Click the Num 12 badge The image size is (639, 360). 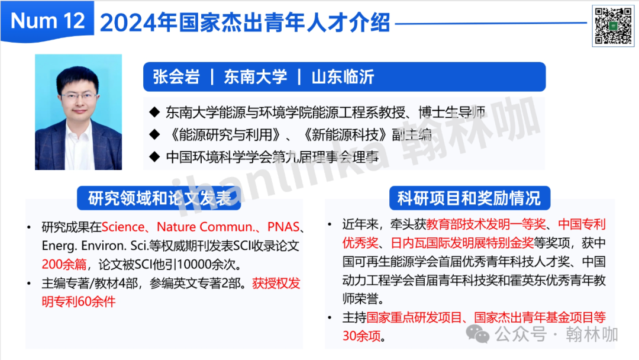tap(47, 21)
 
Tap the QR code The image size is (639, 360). tap(613, 26)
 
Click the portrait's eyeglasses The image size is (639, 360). tap(79, 97)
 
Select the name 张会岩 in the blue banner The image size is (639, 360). tap(176, 76)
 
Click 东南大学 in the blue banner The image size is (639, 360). tap(256, 76)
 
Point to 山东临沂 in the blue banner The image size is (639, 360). tap(343, 76)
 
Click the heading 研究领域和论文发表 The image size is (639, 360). tap(159, 198)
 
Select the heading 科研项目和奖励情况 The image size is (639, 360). tap(469, 198)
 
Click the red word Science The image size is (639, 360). tap(123, 227)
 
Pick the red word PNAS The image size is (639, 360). tap(283, 227)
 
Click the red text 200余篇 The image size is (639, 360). tap(64, 264)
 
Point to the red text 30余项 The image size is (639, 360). tap(361, 336)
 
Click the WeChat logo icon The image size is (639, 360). tap(477, 335)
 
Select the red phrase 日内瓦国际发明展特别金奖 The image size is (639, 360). tap(462, 243)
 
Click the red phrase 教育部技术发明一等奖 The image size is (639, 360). tap(486, 224)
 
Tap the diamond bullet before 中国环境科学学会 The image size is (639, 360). tap(154, 156)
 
